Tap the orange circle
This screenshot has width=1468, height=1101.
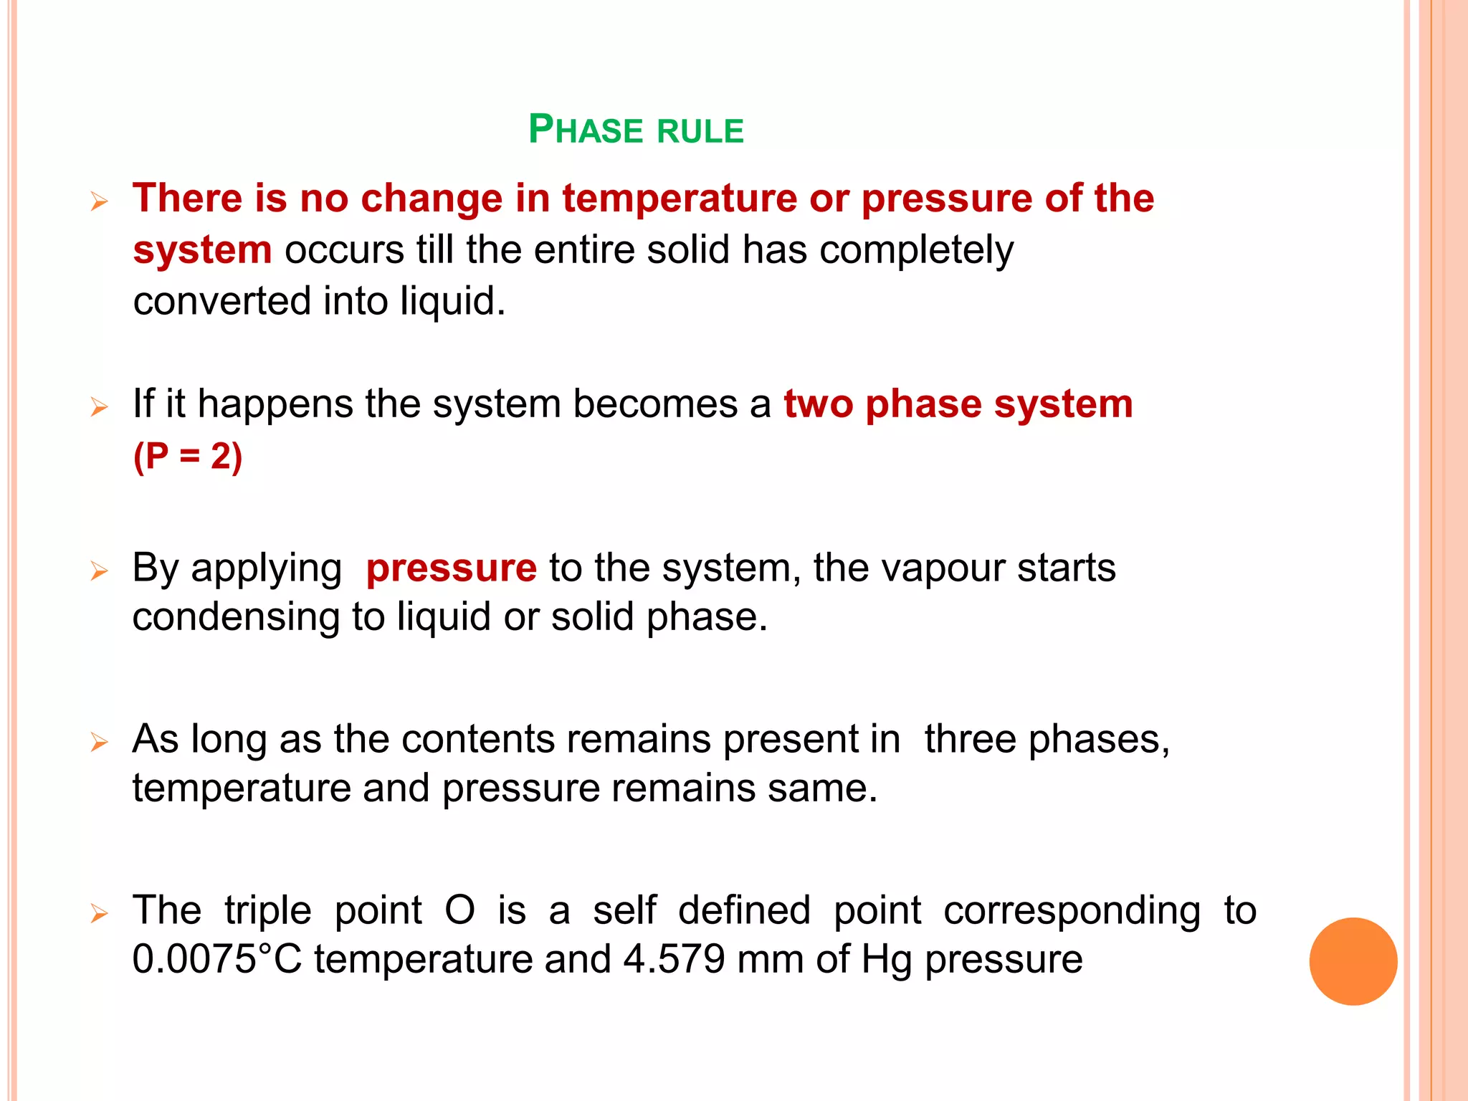(1353, 961)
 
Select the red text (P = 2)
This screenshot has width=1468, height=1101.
(188, 456)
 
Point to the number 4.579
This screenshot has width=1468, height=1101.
(674, 959)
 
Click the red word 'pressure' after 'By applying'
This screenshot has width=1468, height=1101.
(451, 568)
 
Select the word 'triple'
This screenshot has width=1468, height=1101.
(268, 910)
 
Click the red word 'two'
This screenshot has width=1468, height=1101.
(818, 404)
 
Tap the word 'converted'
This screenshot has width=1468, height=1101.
(221, 301)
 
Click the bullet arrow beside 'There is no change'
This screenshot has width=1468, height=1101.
(99, 201)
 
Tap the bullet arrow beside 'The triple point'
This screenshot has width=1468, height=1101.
(99, 914)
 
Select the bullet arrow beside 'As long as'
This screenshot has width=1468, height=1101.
(99, 742)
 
